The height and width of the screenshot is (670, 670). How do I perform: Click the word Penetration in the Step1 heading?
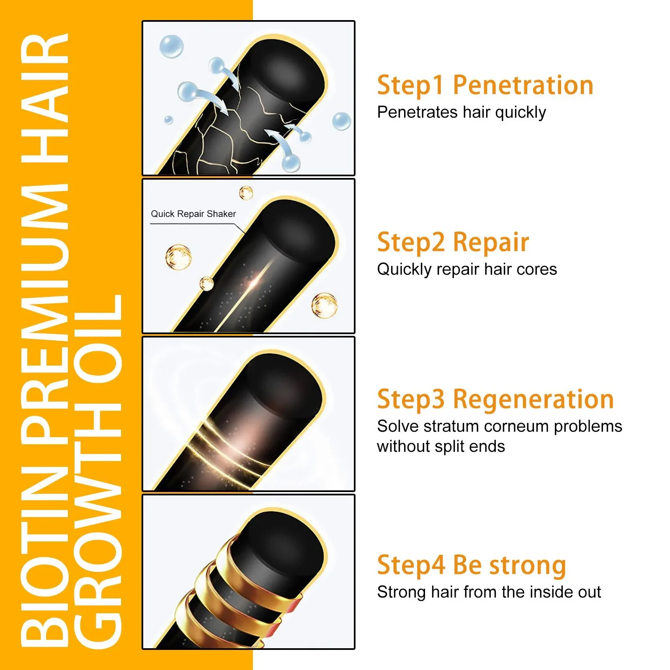(x=523, y=85)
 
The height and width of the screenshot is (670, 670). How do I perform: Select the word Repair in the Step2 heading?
(x=491, y=242)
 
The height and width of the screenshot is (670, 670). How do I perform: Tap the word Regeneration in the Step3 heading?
(x=533, y=399)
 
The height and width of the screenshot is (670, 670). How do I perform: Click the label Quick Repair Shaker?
(x=193, y=214)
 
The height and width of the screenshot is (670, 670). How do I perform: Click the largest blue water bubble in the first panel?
(x=171, y=46)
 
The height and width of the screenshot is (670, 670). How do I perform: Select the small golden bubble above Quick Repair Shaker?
(x=246, y=193)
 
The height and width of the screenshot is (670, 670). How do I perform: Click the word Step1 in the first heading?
(x=410, y=85)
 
